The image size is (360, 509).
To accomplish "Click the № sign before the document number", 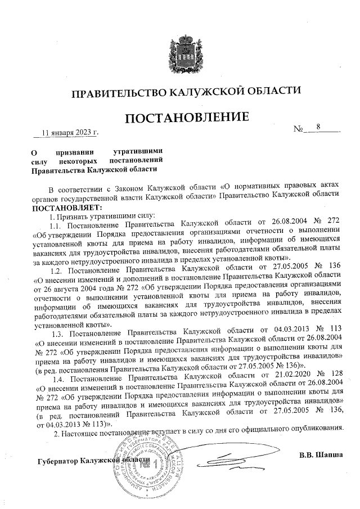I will [299, 130].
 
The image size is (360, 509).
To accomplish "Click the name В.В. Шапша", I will [321, 454].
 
